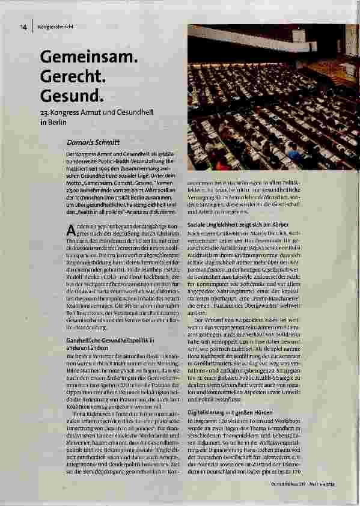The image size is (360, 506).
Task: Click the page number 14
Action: [23, 26]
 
